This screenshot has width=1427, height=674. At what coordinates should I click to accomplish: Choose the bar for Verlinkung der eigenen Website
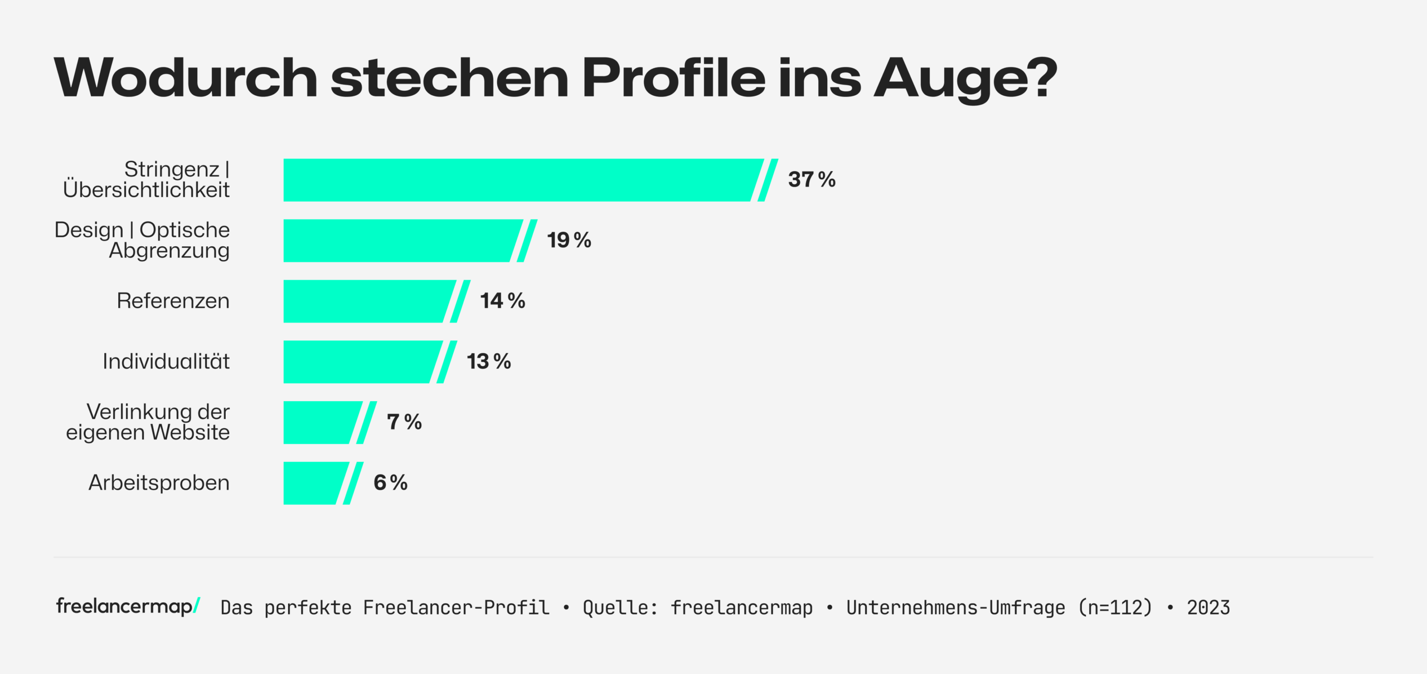tap(321, 422)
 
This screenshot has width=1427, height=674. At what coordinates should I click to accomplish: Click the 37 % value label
tap(811, 180)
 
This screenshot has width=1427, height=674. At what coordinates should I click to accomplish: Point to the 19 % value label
tap(569, 241)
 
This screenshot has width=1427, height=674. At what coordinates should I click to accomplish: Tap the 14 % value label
tap(502, 301)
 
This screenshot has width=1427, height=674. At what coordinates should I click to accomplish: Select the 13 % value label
tap(488, 362)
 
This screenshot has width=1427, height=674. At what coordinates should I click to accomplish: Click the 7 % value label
tap(404, 422)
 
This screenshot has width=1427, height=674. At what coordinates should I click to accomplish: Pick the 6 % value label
tap(390, 483)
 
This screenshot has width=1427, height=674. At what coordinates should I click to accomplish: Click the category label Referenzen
tap(173, 301)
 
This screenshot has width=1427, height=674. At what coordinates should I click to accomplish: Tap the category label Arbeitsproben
tap(159, 483)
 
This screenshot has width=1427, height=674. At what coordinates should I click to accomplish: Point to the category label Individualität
tap(166, 362)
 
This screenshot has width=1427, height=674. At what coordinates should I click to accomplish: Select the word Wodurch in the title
tap(186, 78)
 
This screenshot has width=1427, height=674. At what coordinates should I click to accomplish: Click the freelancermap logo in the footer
tap(128, 606)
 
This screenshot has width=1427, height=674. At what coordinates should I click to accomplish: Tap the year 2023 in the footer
tap(1208, 608)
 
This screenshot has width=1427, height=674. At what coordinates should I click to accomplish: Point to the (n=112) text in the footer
tap(1115, 608)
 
